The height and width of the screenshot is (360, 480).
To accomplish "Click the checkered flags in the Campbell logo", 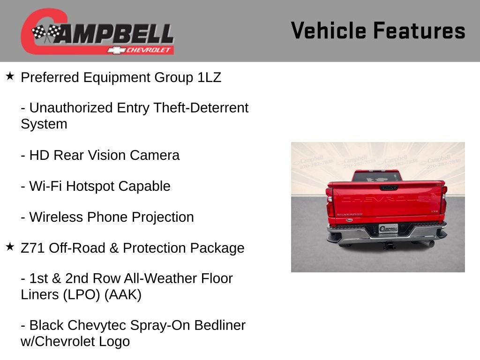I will pyautogui.click(x=46, y=33).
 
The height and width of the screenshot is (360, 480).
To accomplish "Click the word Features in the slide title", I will pyautogui.click(x=419, y=31).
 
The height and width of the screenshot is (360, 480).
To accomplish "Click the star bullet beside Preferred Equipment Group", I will pyautogui.click(x=10, y=76).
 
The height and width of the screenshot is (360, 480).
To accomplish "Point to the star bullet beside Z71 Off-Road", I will pyautogui.click(x=10, y=247).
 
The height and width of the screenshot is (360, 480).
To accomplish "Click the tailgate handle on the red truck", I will pyautogui.click(x=389, y=187).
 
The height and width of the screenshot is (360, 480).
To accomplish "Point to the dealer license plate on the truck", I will pyautogui.click(x=388, y=229).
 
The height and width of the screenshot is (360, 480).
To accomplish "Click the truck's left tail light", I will pyautogui.click(x=330, y=202).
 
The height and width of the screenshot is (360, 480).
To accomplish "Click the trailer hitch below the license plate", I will pyautogui.click(x=388, y=245).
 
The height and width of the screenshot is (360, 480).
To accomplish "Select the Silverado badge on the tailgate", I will pyautogui.click(x=349, y=214).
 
